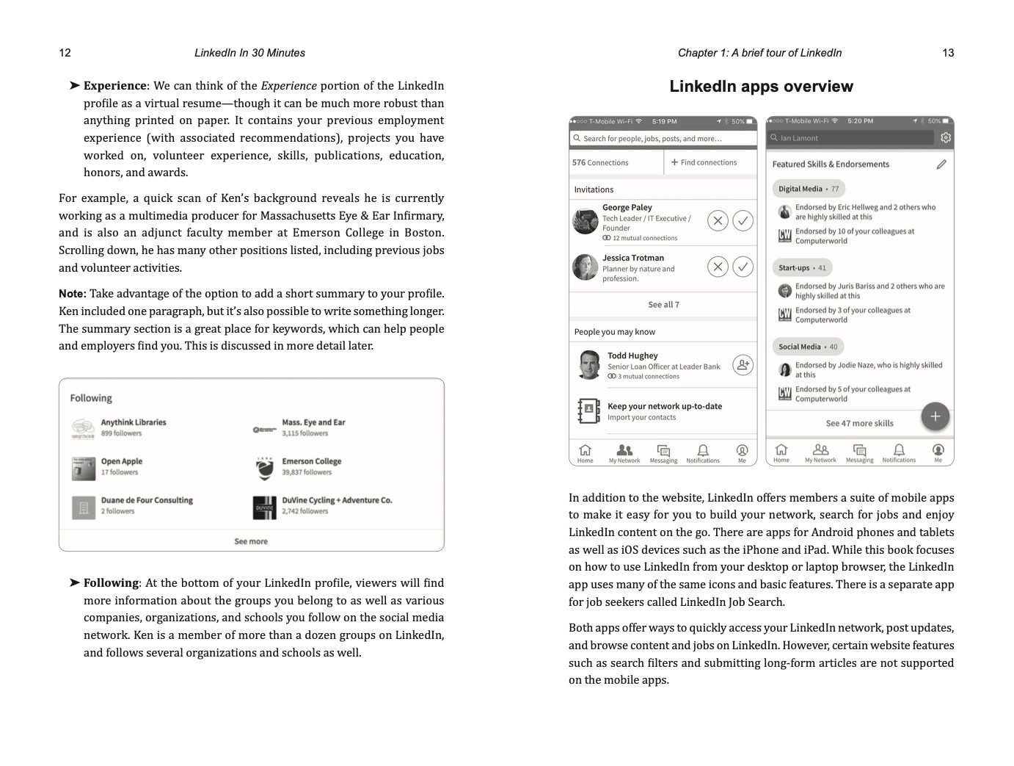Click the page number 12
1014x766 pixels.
(x=65, y=53)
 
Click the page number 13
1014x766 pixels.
(x=948, y=53)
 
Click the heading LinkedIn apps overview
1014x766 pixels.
(x=761, y=87)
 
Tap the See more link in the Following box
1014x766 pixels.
(x=251, y=541)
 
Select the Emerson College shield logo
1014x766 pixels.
(x=265, y=468)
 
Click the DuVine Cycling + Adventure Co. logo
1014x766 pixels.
(x=265, y=507)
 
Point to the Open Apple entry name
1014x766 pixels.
(x=122, y=461)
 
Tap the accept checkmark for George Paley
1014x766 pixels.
(x=743, y=220)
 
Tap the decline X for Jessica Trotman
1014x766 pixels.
(x=718, y=267)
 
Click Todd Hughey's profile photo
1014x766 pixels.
(x=589, y=365)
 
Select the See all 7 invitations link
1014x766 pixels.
(x=663, y=305)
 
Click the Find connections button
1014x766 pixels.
(x=704, y=162)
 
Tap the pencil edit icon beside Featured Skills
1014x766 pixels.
(x=941, y=165)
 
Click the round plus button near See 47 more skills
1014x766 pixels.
(x=935, y=416)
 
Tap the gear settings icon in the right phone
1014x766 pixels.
(x=945, y=137)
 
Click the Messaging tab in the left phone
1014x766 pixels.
(x=663, y=453)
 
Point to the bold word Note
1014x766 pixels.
(x=72, y=294)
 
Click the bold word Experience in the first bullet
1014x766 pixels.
(x=114, y=86)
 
